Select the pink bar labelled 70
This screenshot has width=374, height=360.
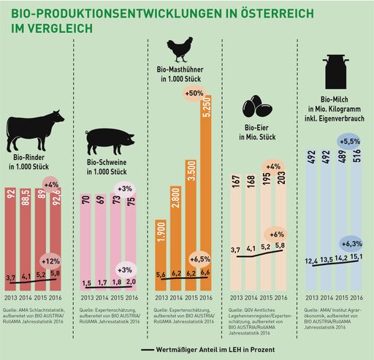tap(85, 241)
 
